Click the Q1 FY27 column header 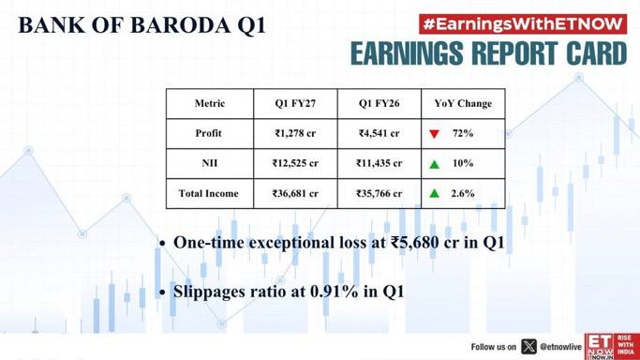point(295,103)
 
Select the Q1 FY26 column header point(379,103)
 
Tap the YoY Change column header point(463,104)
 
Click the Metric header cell point(210,103)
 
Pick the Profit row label point(209,133)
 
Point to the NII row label point(209,163)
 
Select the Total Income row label point(208,193)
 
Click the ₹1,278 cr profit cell point(295,133)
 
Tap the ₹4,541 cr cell point(379,133)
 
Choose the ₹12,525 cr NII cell point(295,163)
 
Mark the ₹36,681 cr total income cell point(295,193)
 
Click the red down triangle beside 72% point(434,134)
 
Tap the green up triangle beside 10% point(434,164)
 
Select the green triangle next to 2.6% point(434,193)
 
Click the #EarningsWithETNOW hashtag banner point(523,24)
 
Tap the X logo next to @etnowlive point(528,347)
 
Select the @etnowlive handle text point(560,347)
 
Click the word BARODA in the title point(180,25)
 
